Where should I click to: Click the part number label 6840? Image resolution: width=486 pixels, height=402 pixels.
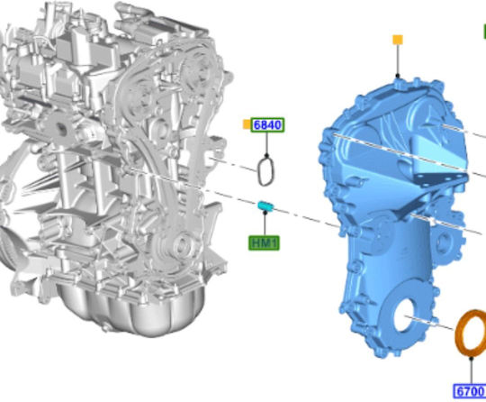click(x=267, y=125)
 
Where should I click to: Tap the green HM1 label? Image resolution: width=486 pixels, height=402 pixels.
click(x=264, y=242)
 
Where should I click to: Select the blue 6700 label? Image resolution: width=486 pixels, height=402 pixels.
click(x=470, y=391)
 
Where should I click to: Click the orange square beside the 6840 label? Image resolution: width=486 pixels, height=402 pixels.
click(x=247, y=124)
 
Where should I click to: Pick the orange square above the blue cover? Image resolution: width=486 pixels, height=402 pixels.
click(x=398, y=40)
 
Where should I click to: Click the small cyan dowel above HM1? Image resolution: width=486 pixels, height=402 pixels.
click(x=265, y=206)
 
